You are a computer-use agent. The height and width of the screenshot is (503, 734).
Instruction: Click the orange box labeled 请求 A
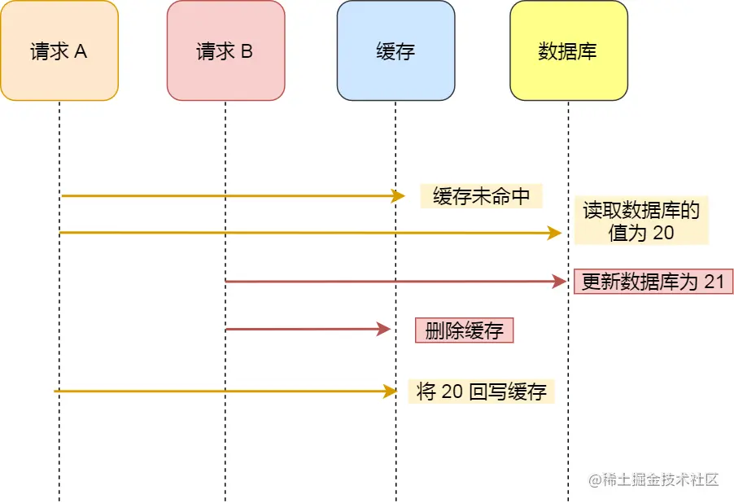pos(59,50)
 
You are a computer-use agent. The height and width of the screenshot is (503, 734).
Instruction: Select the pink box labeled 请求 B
pos(225,50)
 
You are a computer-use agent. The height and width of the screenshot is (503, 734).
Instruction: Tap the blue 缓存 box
pos(395,50)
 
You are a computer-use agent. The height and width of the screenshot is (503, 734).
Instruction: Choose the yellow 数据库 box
pos(568,50)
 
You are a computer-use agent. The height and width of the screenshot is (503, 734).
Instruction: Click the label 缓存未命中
pos(481,196)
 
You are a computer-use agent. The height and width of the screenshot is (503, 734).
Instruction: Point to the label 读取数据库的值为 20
pos(641,221)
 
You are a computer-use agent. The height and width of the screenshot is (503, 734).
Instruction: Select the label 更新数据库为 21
pos(653,282)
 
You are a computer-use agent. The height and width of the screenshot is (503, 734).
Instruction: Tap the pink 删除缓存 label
pos(465,330)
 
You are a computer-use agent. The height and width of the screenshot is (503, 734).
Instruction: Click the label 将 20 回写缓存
pos(481,391)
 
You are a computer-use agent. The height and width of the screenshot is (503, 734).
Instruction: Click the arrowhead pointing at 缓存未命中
pos(398,196)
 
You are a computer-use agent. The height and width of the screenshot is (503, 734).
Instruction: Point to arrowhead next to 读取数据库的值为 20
pos(555,233)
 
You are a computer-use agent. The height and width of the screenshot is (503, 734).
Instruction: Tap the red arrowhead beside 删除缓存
pos(385,330)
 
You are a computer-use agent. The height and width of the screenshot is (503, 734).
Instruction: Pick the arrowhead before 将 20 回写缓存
pos(390,391)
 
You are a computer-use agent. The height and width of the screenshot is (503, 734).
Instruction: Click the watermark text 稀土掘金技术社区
pos(662,479)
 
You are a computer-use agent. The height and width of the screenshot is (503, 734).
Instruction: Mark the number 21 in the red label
pos(714,282)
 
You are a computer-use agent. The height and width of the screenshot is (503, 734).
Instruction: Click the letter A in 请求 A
pos(81,51)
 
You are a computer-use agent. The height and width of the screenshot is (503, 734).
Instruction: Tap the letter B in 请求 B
pos(247,51)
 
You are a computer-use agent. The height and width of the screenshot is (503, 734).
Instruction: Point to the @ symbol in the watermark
pos(595,479)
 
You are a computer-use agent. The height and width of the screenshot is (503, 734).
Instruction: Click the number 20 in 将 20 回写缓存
pos(452,391)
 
